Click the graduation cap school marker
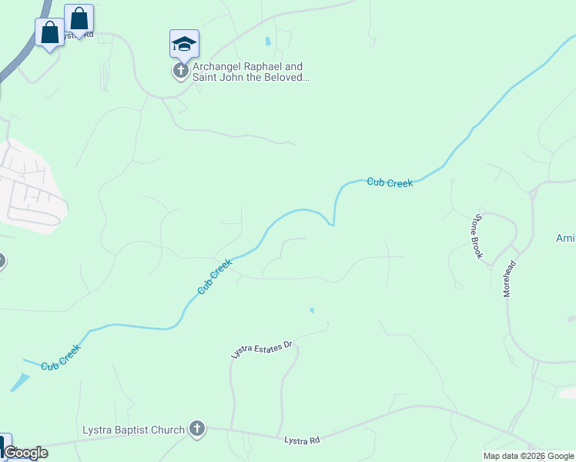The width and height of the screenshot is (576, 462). (184, 43)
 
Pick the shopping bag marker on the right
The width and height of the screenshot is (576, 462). (79, 18)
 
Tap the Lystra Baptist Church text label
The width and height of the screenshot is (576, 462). (134, 430)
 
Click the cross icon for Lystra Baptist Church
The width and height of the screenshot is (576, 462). (197, 430)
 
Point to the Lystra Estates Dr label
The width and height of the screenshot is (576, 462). (263, 350)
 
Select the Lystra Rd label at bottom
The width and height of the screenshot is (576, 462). (302, 440)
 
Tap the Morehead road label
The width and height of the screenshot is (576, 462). (509, 278)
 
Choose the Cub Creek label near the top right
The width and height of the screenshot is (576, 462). (390, 182)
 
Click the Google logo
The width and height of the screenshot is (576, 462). (25, 453)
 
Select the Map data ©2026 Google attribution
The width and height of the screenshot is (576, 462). (528, 456)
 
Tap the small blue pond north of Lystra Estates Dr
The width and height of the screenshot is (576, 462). (312, 311)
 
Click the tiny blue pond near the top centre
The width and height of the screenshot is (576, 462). (268, 41)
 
